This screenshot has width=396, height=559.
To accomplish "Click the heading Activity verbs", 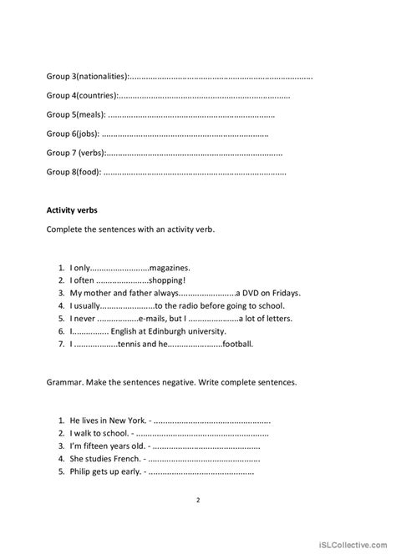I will click(72, 210).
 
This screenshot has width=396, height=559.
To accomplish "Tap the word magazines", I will click(170, 268).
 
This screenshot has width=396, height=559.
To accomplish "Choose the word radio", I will click(190, 306).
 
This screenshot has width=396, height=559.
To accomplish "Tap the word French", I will click(125, 459).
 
